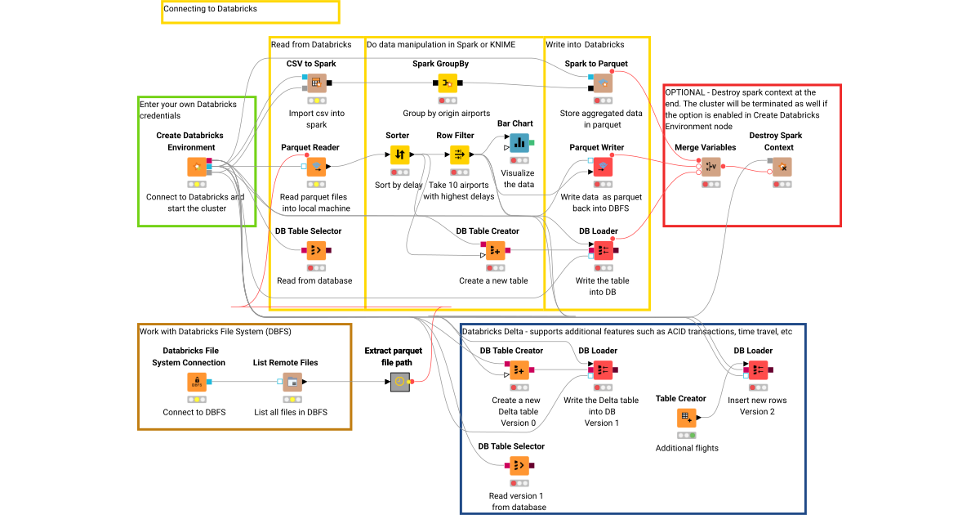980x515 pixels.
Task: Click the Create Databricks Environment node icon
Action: point(197,167)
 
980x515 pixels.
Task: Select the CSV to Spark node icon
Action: point(317,83)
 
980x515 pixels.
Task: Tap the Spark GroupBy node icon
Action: point(447,83)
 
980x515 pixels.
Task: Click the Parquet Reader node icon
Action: point(317,167)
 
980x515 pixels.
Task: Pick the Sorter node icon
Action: point(399,154)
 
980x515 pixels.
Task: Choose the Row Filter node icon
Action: point(459,154)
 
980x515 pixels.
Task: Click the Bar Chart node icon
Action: point(519,142)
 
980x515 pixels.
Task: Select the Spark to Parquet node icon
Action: point(602,83)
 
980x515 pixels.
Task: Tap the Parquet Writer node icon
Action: point(602,167)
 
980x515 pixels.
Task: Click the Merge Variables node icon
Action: point(710,167)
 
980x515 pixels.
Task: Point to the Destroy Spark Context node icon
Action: point(782,167)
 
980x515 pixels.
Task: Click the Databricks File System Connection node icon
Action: point(197,382)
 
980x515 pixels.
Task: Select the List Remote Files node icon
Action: point(292,382)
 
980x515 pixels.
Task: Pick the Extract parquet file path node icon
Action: point(399,381)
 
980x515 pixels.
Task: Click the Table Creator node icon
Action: point(687,418)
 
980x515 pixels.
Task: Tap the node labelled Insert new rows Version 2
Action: point(758,369)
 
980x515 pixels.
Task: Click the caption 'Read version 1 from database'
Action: point(517,501)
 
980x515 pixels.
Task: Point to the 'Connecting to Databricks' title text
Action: point(211,9)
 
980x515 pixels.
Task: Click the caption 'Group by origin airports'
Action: point(447,113)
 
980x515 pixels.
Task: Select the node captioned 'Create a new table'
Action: point(495,250)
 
